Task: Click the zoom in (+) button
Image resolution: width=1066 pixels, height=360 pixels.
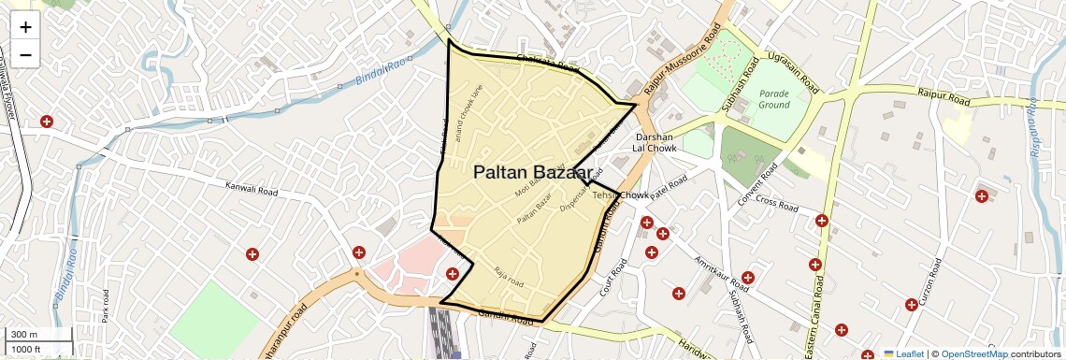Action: point(25,28)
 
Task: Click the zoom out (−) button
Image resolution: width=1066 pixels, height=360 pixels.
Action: point(25,55)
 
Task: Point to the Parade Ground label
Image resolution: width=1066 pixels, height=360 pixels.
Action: point(774,100)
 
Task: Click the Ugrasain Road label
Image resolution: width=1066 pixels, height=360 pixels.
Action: point(792,72)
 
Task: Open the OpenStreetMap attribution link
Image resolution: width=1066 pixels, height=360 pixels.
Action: point(973,353)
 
